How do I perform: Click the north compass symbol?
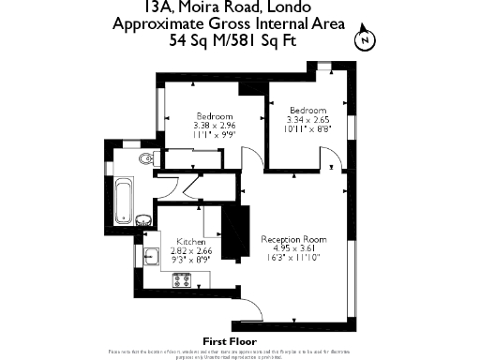coord(365,40)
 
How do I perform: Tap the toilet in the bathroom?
coord(144,159)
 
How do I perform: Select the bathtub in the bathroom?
coord(121,199)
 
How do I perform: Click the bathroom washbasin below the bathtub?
coord(142,220)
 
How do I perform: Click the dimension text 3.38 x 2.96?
coord(215,126)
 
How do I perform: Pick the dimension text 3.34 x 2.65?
coord(307,119)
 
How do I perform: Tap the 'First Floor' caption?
coord(230,340)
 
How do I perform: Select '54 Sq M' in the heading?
coord(200,40)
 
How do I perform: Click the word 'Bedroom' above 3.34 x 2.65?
coord(307,110)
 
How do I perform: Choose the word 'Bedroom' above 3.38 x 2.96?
coord(215,116)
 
